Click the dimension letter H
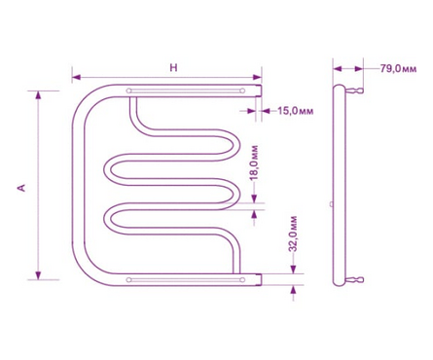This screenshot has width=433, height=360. click(x=174, y=68)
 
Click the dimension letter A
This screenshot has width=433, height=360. click(x=21, y=188)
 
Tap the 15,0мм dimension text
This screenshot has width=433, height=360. click(x=295, y=111)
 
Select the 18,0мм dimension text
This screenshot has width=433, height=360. click(x=254, y=162)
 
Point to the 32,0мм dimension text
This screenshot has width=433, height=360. click(x=293, y=234)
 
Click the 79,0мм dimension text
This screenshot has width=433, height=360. click(x=398, y=69)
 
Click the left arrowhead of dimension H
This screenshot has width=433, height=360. click(x=76, y=77)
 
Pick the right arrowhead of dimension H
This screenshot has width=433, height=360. click(x=257, y=77)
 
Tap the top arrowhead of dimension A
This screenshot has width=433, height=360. click(x=38, y=95)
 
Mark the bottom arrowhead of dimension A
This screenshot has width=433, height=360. click(x=38, y=275)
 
